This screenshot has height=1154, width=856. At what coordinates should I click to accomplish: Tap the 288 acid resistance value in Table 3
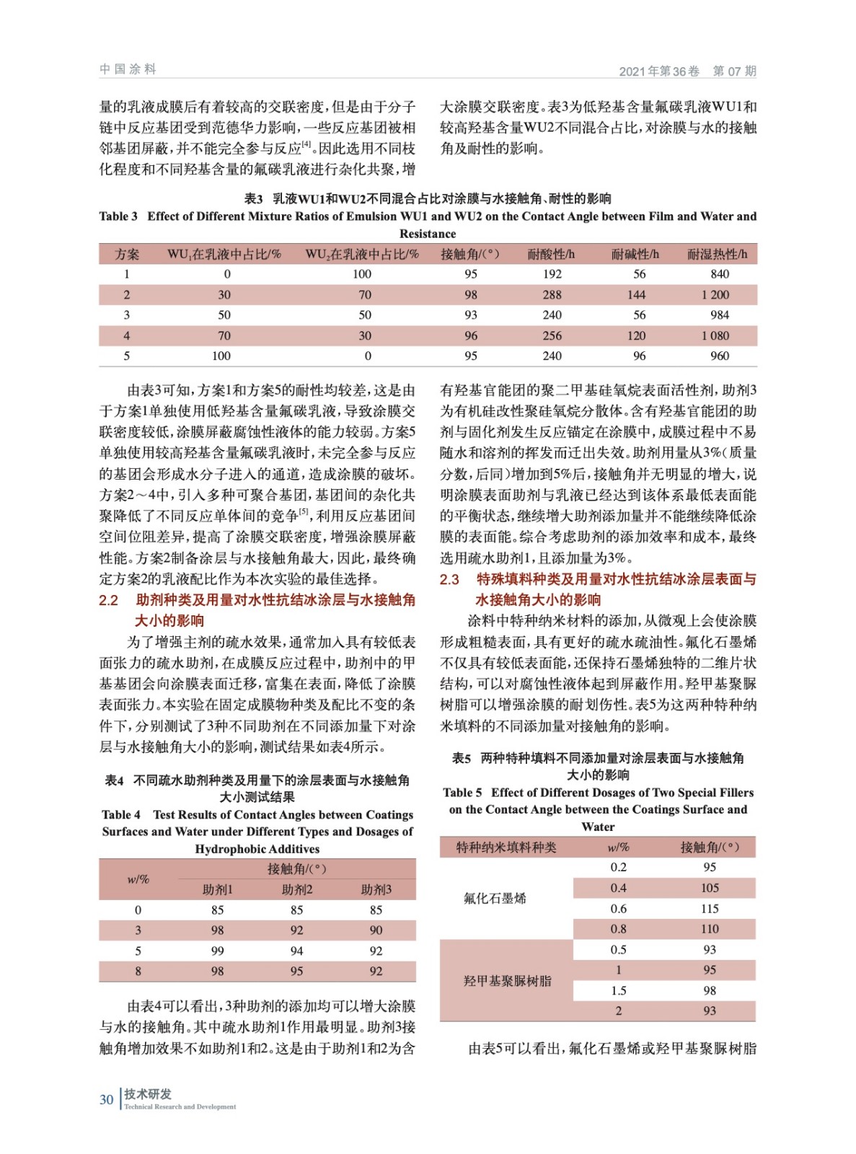pyautogui.click(x=552, y=294)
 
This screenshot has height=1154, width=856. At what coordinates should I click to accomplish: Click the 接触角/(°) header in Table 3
pyautogui.click(x=470, y=254)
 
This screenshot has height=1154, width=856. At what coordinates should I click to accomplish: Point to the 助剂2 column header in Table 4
pyautogui.click(x=296, y=889)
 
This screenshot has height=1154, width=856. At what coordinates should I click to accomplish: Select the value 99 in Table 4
pyautogui.click(x=217, y=951)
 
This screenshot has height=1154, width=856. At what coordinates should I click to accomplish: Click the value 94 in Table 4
pyautogui.click(x=296, y=951)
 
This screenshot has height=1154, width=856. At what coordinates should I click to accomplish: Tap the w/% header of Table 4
pyautogui.click(x=138, y=879)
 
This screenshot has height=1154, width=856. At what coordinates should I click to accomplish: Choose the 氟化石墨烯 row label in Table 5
pyautogui.click(x=495, y=898)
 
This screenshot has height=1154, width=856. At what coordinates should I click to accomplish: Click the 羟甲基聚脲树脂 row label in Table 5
pyautogui.click(x=507, y=981)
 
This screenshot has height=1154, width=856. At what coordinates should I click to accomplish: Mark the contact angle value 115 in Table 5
pyautogui.click(x=710, y=909)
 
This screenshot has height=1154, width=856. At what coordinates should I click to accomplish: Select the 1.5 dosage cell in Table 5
pyautogui.click(x=618, y=991)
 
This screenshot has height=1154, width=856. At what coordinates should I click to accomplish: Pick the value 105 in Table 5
pyautogui.click(x=710, y=888)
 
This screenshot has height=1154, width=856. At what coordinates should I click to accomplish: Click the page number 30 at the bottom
pyautogui.click(x=107, y=1099)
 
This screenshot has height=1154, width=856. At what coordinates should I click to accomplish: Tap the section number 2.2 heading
pyautogui.click(x=108, y=600)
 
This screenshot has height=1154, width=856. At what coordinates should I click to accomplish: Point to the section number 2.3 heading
pyautogui.click(x=449, y=579)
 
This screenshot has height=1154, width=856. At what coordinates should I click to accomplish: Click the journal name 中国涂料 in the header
pyautogui.click(x=128, y=69)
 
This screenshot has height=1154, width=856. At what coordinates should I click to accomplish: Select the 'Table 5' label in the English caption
pyautogui.click(x=462, y=792)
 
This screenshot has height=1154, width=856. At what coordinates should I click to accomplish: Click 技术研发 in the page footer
pyautogui.click(x=148, y=1094)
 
